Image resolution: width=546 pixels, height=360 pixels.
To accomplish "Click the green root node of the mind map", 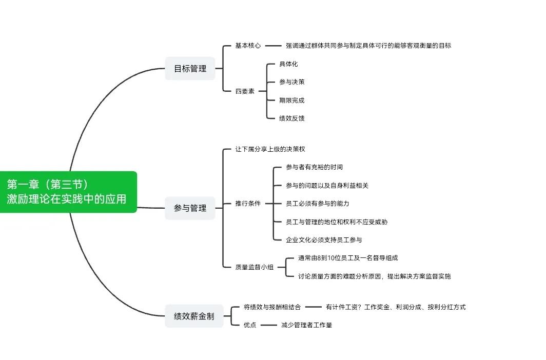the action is [x=68, y=192].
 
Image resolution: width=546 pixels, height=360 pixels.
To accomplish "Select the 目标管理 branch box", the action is [x=190, y=69].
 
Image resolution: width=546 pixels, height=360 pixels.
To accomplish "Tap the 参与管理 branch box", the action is [x=190, y=208].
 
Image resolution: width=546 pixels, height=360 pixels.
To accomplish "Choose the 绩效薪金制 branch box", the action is [x=194, y=316].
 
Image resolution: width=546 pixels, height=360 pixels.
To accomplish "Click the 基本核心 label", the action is [x=248, y=46].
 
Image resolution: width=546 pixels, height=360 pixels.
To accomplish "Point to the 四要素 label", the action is [x=245, y=91].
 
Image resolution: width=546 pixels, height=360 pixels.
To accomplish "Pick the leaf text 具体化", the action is [x=288, y=64].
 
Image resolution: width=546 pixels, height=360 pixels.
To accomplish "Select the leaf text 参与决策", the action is [x=292, y=82].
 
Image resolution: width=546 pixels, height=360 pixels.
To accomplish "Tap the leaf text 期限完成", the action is [x=292, y=101].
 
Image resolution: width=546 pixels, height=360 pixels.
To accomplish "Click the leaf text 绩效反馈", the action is [x=292, y=118].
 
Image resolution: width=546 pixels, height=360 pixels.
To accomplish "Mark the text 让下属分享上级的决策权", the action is [x=270, y=149].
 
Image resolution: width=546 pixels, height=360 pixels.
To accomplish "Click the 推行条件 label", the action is [x=248, y=204].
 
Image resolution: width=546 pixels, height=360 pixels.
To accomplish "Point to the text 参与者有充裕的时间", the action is [x=315, y=167].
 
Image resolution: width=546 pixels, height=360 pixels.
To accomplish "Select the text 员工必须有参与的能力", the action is [x=318, y=204].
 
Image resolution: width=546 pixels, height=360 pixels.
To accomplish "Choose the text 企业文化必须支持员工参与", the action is [x=324, y=240].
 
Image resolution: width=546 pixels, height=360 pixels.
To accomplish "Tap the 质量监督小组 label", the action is [x=254, y=267].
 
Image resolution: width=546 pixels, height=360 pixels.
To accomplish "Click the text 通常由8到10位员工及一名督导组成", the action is [x=348, y=258].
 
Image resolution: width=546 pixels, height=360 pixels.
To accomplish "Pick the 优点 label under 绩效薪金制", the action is [x=250, y=325].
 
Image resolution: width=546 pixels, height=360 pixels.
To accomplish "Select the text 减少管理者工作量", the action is [x=307, y=325].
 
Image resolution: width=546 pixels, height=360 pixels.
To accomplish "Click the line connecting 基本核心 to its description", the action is [x=273, y=46].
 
